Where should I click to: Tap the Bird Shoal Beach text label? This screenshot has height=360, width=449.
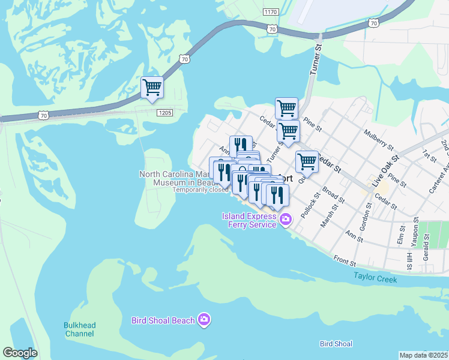point(163,320)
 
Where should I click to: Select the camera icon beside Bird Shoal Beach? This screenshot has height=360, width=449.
point(205,320)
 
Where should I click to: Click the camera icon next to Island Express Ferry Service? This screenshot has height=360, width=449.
point(286,220)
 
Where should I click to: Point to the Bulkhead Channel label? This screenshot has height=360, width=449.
point(80,329)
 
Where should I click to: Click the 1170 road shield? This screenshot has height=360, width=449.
point(271,11)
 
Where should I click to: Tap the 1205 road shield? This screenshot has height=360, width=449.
point(166,112)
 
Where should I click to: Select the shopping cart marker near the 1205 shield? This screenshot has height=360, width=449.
point(152,88)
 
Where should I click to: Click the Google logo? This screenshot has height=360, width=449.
point(20,353)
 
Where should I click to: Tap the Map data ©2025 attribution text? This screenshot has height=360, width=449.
point(423,355)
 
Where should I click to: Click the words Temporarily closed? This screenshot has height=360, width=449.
point(200,190)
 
